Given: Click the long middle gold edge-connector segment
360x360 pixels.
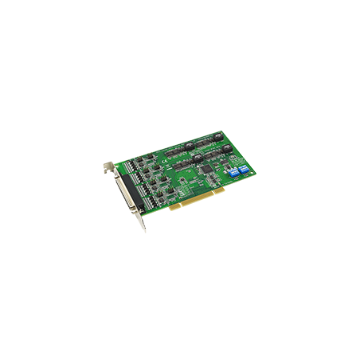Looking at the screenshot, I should [198, 213].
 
